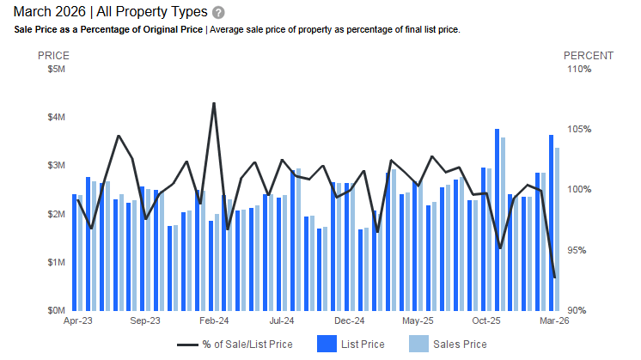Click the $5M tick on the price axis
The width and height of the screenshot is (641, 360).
point(57,70)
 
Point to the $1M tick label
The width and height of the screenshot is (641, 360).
point(57,262)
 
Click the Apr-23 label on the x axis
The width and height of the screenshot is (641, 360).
point(77,321)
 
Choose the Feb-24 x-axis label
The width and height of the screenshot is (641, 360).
point(213,321)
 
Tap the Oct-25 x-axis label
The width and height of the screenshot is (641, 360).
point(485,321)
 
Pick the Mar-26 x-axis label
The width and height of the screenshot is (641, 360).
point(552,321)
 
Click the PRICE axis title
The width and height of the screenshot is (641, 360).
point(53,56)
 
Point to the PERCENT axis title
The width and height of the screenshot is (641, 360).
point(589,56)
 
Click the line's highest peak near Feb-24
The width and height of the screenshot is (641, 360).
point(213,104)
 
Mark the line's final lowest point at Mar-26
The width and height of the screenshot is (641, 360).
point(554,277)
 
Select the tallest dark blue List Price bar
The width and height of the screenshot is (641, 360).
point(497,219)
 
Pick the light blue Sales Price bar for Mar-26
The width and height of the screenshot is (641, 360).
point(558,229)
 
